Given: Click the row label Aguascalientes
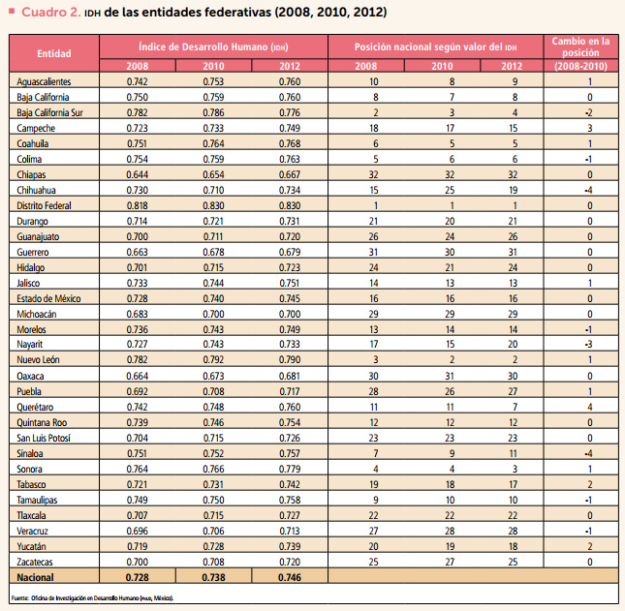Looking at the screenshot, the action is (x=44, y=81).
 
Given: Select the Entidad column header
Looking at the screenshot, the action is (x=54, y=53).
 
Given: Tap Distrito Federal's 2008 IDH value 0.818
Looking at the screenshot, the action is (x=138, y=205).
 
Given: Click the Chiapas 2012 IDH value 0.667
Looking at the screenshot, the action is (x=290, y=174).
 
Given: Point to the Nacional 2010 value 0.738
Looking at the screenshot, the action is (x=213, y=577).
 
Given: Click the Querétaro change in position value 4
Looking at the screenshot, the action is (x=590, y=407).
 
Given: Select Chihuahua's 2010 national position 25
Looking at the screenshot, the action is (x=450, y=190).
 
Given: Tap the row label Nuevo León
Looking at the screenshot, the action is (x=38, y=359).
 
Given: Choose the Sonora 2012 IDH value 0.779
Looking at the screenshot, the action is (x=290, y=469).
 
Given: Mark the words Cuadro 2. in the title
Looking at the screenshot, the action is (x=51, y=13).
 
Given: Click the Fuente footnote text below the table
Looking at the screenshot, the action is (x=92, y=597).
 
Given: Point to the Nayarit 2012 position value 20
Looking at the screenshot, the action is (x=513, y=344).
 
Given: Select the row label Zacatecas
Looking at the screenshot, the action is (x=35, y=562).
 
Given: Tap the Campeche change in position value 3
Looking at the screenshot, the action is (x=590, y=128).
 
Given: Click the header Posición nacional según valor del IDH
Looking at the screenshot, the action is (x=436, y=46).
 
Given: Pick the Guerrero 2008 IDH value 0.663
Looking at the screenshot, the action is (x=138, y=252).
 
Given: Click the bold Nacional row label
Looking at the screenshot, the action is (x=35, y=577).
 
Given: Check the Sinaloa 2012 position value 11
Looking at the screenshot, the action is (x=513, y=453).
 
